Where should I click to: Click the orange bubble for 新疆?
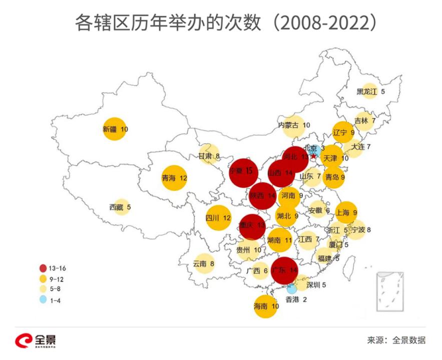coord(114,129)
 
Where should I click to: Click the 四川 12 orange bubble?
coord(218,218)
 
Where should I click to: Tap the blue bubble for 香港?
coord(292,288)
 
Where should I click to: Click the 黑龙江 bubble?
coord(369,91)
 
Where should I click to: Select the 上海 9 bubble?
coord(346,212)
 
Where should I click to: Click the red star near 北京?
coord(314,156)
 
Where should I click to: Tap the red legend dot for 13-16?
coord(43,267)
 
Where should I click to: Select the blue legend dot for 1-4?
coord(43,300)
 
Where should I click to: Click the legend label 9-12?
coord(57,278)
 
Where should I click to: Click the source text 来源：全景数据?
coord(396,340)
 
